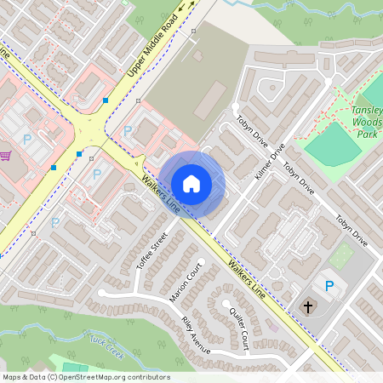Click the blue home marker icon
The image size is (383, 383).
[191, 183]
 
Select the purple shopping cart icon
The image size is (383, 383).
[5, 156]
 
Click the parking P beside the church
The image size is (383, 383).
[329, 285]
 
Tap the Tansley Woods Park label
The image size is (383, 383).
[369, 123]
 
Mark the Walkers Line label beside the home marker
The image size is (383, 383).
[159, 195]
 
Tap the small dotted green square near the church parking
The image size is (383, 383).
[341, 255]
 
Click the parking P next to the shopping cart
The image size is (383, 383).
[27, 139]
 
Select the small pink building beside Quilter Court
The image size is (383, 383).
[272, 324]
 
